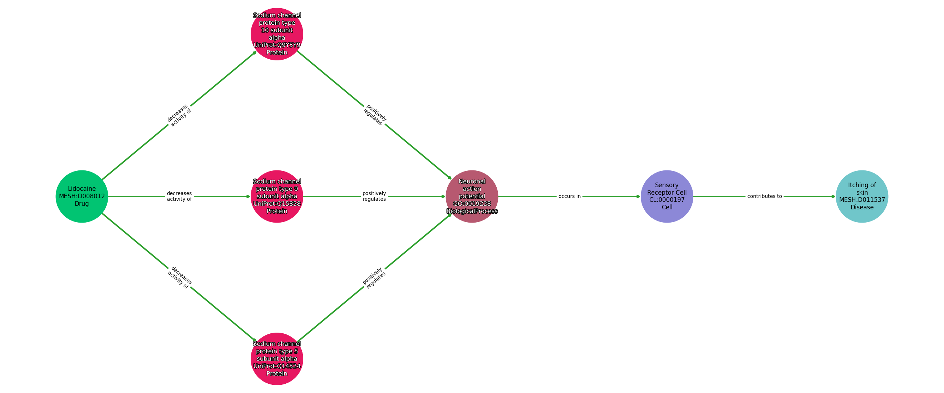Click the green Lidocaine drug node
(82, 196)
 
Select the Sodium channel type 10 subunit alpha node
(277, 34)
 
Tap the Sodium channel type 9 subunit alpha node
(277, 196)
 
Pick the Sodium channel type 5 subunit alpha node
(277, 359)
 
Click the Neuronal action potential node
(472, 196)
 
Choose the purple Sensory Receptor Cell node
(667, 196)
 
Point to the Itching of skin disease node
(861, 196)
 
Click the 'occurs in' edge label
(569, 196)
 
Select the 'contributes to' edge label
(764, 196)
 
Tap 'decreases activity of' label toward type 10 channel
(179, 115)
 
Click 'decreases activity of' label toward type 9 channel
(179, 196)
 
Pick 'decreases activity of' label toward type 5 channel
(179, 278)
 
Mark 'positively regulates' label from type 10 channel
(374, 115)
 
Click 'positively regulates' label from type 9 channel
(374, 196)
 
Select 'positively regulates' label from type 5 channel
(374, 278)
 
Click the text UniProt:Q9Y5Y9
(277, 45)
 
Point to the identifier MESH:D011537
(861, 200)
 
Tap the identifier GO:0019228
(472, 204)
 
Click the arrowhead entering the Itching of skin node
(833, 196)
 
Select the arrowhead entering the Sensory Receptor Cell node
(638, 196)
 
